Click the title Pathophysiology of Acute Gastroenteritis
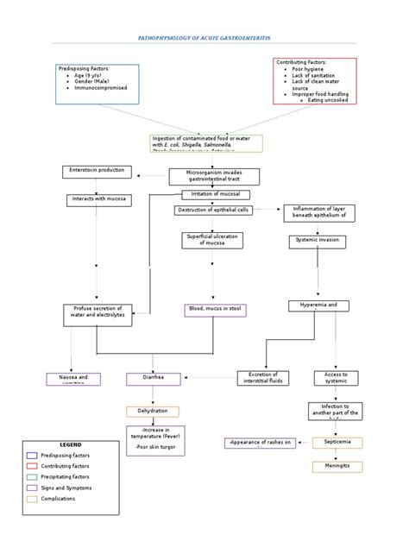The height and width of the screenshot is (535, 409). pos(204,39)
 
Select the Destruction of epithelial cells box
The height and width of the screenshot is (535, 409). pos(215,210)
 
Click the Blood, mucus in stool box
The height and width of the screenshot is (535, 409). pos(213,309)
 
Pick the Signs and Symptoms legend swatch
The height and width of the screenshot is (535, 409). pos(33,488)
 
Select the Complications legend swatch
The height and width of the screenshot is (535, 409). pos(33,499)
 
